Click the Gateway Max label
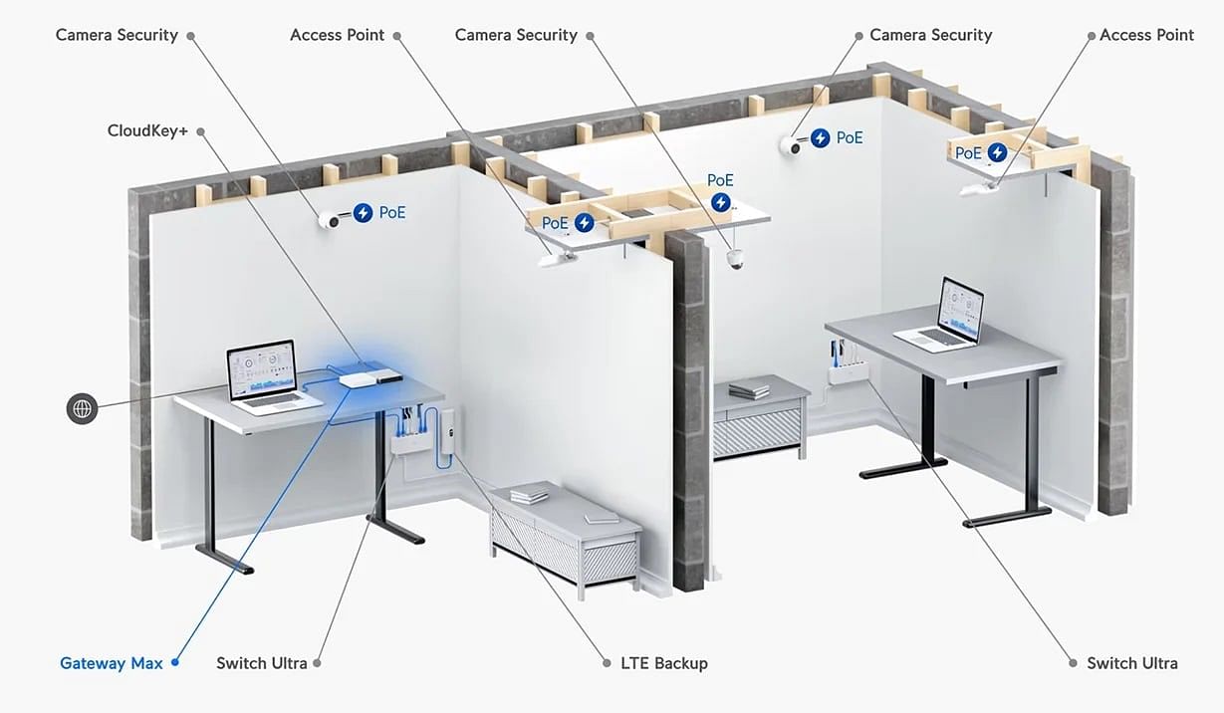(x=112, y=663)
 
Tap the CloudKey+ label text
(x=147, y=131)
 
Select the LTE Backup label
(x=664, y=663)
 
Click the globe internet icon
(x=82, y=408)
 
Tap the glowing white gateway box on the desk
(x=359, y=380)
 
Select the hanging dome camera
(x=735, y=259)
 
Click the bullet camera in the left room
(x=331, y=220)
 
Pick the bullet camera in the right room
(x=791, y=145)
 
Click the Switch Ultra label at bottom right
(x=1132, y=663)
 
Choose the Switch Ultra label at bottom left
(x=262, y=663)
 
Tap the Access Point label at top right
(x=1146, y=35)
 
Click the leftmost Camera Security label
(x=117, y=35)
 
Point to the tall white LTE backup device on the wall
(x=447, y=431)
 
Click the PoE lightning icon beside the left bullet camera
(x=363, y=212)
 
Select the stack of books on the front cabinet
(x=529, y=494)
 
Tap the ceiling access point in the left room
(x=557, y=260)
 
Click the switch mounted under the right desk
(x=847, y=373)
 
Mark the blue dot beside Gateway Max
(x=175, y=663)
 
